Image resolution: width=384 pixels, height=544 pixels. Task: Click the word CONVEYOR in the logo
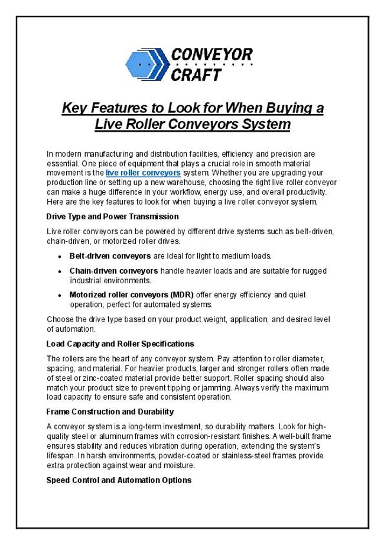[211, 56]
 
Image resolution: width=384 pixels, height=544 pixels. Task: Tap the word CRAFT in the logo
[196, 75]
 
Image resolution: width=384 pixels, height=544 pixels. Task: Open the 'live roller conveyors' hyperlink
[143, 173]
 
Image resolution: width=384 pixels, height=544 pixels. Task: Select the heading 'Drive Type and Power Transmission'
[112, 216]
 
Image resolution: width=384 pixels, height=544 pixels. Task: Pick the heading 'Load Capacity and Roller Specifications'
[120, 344]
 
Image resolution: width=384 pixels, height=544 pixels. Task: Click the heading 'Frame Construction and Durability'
[110, 412]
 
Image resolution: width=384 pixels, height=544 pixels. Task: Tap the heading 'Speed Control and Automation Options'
[119, 480]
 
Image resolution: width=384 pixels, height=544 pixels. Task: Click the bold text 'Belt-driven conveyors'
[110, 256]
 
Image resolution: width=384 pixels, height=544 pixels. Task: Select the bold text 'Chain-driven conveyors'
[113, 271]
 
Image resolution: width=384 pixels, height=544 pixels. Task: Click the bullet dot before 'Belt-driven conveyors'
[61, 257]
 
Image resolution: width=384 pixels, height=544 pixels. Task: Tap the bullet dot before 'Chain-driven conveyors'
[61, 271]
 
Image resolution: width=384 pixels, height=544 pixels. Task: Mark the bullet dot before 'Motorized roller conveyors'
[61, 295]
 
